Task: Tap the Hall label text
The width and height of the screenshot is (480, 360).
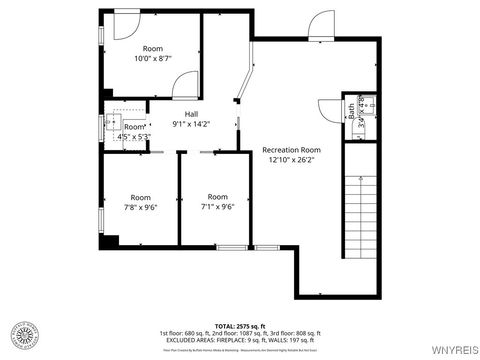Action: coord(190,113)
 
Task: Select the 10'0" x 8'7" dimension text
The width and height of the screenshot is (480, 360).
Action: coord(153,59)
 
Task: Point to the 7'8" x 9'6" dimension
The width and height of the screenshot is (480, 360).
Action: coord(140,207)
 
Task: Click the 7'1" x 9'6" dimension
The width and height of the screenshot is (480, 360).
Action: coord(218,207)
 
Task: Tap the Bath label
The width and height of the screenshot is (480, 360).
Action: coord(350,112)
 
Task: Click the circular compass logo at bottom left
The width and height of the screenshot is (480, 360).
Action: coord(28,333)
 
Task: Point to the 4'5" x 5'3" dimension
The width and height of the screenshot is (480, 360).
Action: coord(134,137)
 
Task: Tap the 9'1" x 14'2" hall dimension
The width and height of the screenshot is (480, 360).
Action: coord(190,124)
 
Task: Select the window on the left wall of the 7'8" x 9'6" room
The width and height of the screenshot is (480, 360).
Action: coord(100,217)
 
